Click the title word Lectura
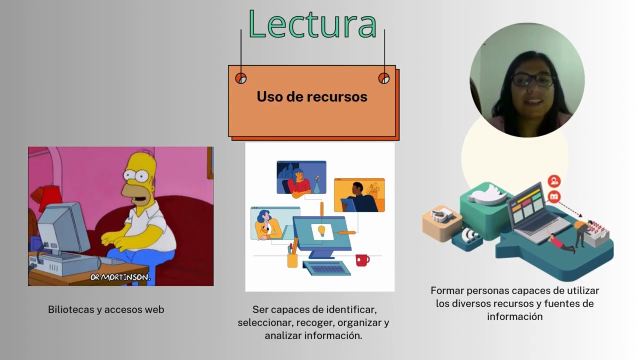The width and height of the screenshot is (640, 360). [x=312, y=24]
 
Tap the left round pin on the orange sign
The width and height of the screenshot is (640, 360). [x=241, y=78]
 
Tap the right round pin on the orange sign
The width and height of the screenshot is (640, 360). [x=383, y=78]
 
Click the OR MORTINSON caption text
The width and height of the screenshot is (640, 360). [x=120, y=277]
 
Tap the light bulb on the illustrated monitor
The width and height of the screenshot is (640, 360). [x=321, y=230]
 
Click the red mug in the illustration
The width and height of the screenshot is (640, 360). [x=361, y=260]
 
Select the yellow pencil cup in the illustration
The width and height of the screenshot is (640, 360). [x=292, y=259]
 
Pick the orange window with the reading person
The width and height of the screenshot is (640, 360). [x=359, y=195]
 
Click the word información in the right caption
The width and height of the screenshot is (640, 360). [x=514, y=316]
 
